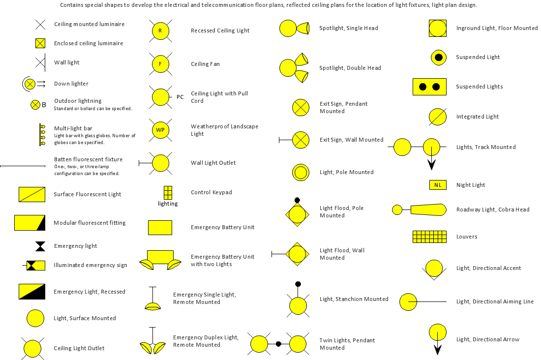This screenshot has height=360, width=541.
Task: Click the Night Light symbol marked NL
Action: pyautogui.click(x=438, y=185)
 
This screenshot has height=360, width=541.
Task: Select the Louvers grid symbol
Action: pyautogui.click(x=429, y=237)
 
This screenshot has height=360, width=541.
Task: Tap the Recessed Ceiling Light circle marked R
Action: pyautogui.click(x=160, y=30)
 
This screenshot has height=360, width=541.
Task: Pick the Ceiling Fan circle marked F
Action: pyautogui.click(x=160, y=64)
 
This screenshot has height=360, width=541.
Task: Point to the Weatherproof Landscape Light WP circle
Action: pyautogui.click(x=160, y=130)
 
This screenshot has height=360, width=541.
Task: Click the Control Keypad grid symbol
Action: pyautogui.click(x=168, y=193)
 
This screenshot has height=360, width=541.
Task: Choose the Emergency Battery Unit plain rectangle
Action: pyautogui.click(x=160, y=228)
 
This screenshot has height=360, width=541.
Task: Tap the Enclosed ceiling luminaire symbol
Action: pyautogui.click(x=40, y=43)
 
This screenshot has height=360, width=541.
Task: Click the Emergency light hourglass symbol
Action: pyautogui.click(x=40, y=246)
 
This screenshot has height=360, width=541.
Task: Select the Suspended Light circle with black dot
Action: pyautogui.click(x=439, y=58)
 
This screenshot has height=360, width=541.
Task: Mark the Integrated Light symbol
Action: pyautogui.click(x=438, y=117)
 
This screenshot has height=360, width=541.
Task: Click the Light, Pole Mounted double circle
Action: pyautogui.click(x=301, y=172)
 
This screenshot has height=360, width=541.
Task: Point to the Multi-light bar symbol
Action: pyautogui.click(x=42, y=135)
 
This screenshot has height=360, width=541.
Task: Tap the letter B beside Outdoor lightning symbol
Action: pyautogui.click(x=44, y=105)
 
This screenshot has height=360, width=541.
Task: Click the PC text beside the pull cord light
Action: pyautogui.click(x=180, y=97)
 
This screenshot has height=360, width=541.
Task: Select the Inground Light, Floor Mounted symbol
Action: pyautogui.click(x=438, y=29)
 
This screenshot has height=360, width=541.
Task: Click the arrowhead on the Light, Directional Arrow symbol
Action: pyautogui.click(x=438, y=350)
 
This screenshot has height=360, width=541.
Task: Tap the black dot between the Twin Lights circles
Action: pyautogui.click(x=278, y=344)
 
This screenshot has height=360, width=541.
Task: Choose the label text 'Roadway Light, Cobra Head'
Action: pyautogui.click(x=493, y=210)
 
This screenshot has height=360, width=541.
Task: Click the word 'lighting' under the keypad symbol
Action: pyautogui.click(x=168, y=204)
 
